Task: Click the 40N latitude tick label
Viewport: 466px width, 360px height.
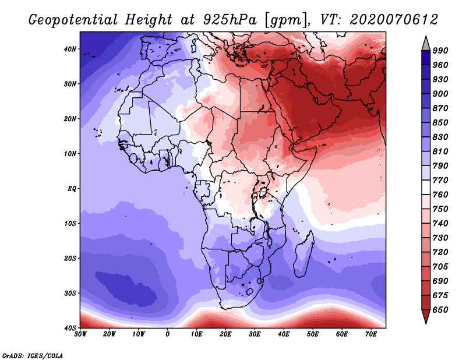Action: (70, 49)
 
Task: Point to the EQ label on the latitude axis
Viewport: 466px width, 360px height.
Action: (72, 189)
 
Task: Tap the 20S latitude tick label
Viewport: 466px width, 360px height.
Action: (70, 258)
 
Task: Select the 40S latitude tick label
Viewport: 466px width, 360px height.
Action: (70, 328)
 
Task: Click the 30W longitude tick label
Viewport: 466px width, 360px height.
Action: (80, 334)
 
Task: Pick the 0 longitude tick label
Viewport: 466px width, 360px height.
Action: (168, 334)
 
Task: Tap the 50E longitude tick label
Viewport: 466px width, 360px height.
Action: (313, 334)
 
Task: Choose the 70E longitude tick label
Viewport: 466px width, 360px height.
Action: (371, 334)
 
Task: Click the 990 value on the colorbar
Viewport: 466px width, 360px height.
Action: (440, 51)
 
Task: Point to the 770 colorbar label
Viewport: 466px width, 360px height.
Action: (440, 180)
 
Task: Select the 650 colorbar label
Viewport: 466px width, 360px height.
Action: (440, 310)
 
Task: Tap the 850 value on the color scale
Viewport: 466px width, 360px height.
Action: (440, 122)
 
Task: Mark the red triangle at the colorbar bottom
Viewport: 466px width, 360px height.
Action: (426, 315)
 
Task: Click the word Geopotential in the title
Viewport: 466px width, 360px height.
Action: (73, 20)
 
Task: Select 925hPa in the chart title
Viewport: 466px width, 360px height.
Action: (230, 20)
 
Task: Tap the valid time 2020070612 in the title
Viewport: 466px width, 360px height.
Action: (394, 20)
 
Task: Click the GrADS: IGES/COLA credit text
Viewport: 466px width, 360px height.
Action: (33, 356)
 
